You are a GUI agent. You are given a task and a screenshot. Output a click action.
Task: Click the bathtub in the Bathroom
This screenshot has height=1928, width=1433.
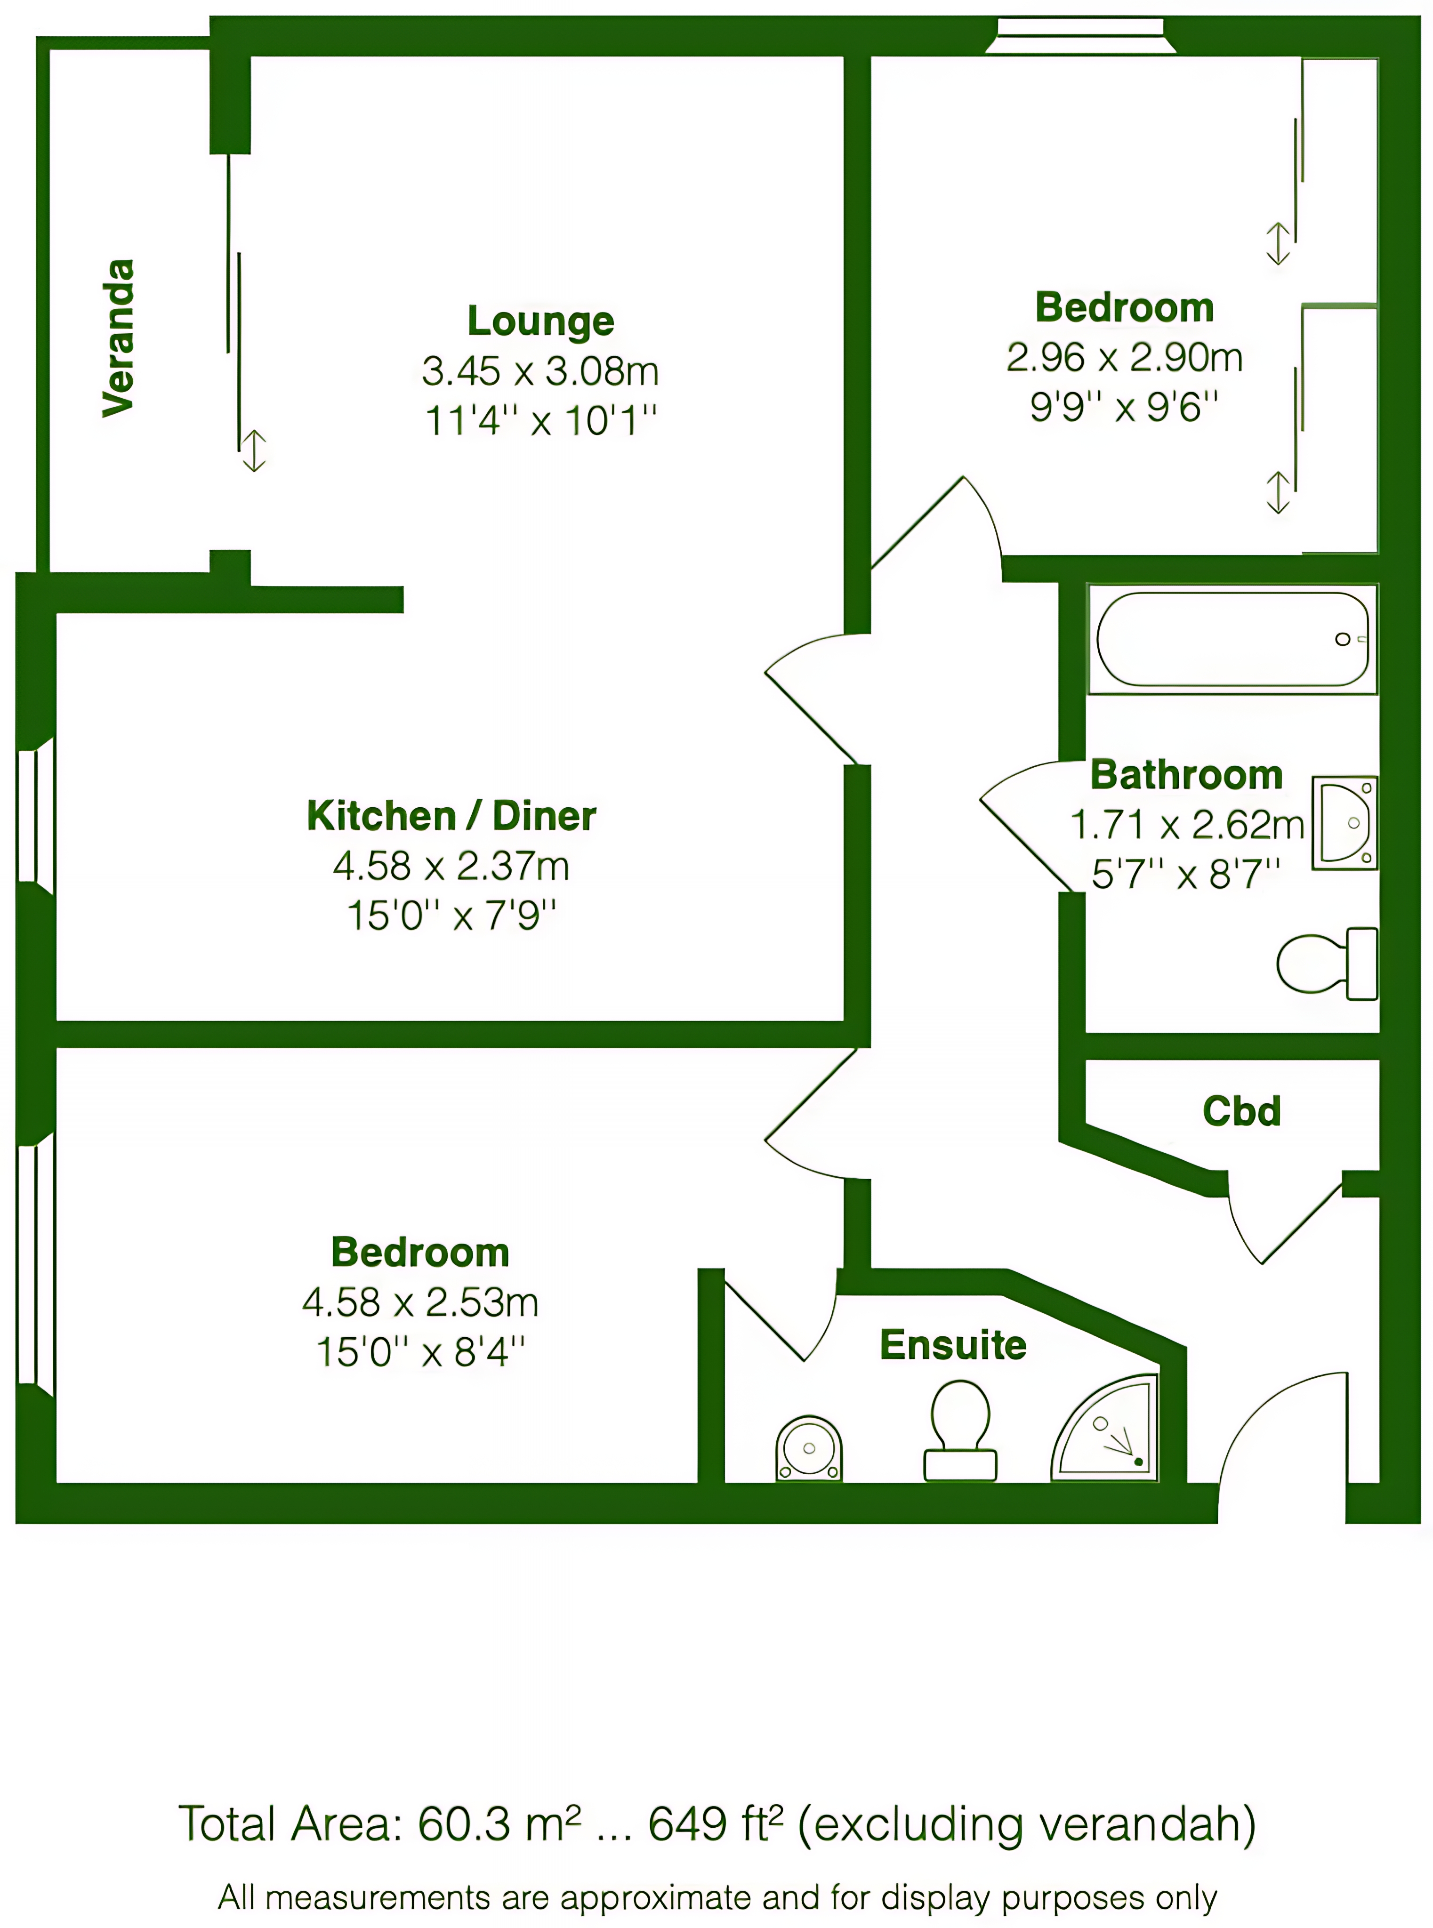[x=1232, y=639]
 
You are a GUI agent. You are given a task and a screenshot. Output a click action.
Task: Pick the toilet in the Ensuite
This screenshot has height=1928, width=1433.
[x=960, y=1431]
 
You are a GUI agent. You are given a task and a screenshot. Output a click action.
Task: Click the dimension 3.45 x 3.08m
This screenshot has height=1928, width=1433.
[x=540, y=371]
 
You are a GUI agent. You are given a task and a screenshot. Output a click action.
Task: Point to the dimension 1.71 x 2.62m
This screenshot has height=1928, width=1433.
[x=1187, y=825]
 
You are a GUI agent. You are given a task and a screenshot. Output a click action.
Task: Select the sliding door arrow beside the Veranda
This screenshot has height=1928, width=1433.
[x=253, y=451]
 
